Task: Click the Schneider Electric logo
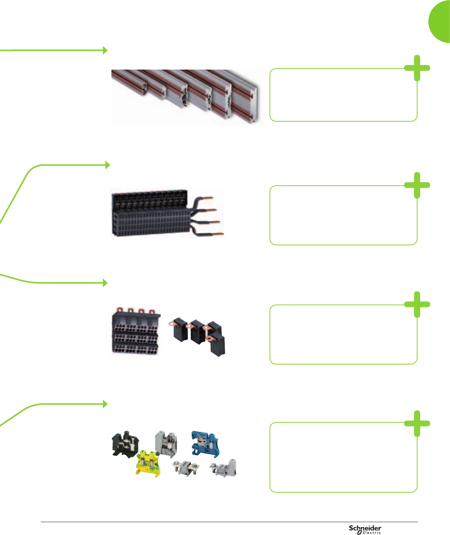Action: point(365,529)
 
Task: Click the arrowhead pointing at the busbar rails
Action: point(105,50)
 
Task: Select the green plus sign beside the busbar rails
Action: point(417,68)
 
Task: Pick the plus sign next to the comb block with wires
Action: point(417,185)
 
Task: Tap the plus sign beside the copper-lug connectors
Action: point(417,304)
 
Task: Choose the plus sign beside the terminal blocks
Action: point(417,423)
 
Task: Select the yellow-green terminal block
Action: point(148,464)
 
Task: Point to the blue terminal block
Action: point(205,444)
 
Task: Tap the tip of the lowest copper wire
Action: point(222,235)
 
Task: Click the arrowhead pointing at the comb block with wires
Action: point(107,165)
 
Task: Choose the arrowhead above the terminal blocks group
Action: point(105,404)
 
